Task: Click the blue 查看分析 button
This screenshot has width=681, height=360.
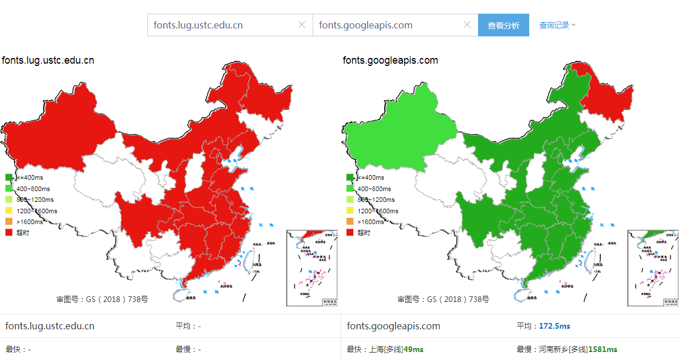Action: click(x=503, y=26)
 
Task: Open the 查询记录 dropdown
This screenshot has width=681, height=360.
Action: click(x=557, y=26)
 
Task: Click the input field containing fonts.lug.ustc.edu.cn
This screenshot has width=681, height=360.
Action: click(x=222, y=25)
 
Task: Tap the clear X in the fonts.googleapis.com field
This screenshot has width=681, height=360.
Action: click(x=467, y=24)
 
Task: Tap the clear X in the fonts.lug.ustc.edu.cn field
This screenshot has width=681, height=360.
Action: click(x=302, y=24)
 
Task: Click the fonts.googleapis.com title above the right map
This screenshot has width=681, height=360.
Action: click(x=390, y=60)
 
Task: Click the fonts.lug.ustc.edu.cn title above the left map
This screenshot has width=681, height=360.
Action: click(x=48, y=60)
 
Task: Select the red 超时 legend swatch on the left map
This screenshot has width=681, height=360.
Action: click(x=9, y=233)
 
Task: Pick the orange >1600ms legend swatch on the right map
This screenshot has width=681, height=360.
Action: click(x=350, y=222)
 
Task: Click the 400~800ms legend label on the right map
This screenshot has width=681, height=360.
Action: click(x=374, y=189)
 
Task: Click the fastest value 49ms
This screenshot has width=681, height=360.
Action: click(x=413, y=349)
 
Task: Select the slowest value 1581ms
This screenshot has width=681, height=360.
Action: click(x=603, y=349)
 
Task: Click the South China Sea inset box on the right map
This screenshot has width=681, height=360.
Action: click(x=653, y=267)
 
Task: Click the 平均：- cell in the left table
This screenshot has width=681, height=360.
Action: click(x=188, y=326)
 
